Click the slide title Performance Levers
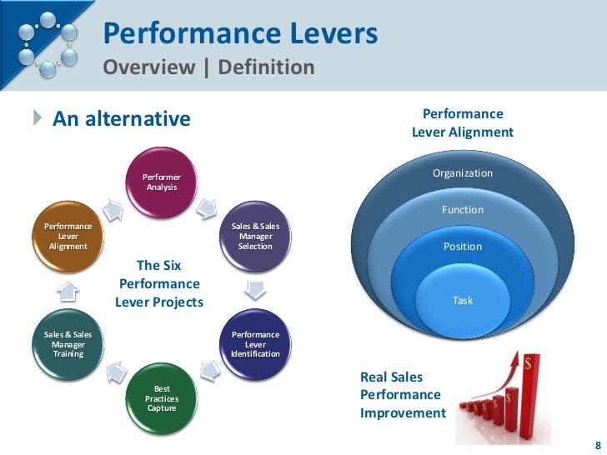click(240, 34)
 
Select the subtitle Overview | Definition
click(208, 67)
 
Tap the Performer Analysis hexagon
click(161, 182)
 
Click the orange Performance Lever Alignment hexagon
click(68, 236)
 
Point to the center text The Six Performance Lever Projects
click(158, 283)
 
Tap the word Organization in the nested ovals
click(462, 173)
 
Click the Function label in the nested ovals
click(462, 210)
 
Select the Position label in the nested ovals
click(462, 247)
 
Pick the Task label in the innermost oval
click(462, 300)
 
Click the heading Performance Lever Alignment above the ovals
click(463, 122)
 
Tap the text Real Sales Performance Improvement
click(403, 395)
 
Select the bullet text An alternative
click(122, 119)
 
